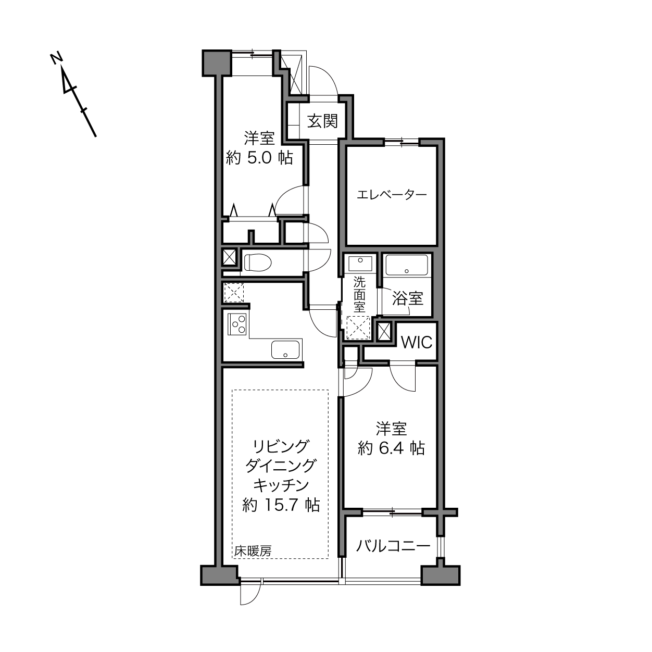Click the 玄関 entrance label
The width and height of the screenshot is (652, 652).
tap(322, 121)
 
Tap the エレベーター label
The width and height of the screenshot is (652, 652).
tap(392, 195)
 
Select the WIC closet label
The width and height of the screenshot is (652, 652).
tap(417, 343)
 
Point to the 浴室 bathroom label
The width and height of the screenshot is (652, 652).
tap(408, 298)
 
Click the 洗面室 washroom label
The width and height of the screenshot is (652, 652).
tap(359, 294)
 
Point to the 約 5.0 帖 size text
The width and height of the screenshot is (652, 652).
tap(259, 158)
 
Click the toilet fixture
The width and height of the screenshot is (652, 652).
tap(257, 262)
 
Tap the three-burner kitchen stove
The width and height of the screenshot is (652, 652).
tap(237, 324)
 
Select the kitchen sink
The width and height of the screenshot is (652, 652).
tap(285, 349)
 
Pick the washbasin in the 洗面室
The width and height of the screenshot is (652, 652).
tap(360, 264)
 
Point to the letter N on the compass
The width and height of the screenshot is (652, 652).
tap(57, 58)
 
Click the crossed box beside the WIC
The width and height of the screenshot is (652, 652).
tap(384, 332)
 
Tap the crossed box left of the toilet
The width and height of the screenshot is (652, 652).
tap(229, 257)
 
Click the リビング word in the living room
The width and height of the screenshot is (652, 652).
tap(281, 446)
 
